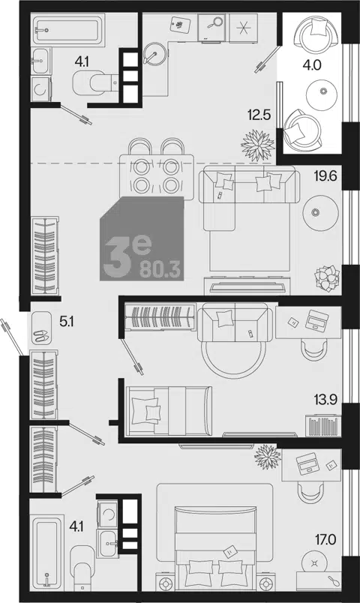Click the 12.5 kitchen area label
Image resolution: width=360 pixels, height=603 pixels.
(x=260, y=115)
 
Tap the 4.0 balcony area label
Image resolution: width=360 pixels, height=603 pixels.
(x=311, y=65)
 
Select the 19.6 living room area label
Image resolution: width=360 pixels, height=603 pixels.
(x=325, y=176)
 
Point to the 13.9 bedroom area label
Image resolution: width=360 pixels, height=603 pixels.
(x=325, y=400)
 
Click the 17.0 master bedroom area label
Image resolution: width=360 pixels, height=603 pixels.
(x=325, y=539)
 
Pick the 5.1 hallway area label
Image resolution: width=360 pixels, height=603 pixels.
(x=67, y=322)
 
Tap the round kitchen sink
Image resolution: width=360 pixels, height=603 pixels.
(x=156, y=53)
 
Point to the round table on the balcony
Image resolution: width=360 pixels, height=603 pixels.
(x=322, y=93)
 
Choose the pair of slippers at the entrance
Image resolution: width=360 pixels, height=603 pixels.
(x=40, y=336)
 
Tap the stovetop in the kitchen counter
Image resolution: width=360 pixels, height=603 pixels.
(x=243, y=28)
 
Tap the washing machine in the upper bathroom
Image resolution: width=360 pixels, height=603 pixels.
(x=40, y=88)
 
